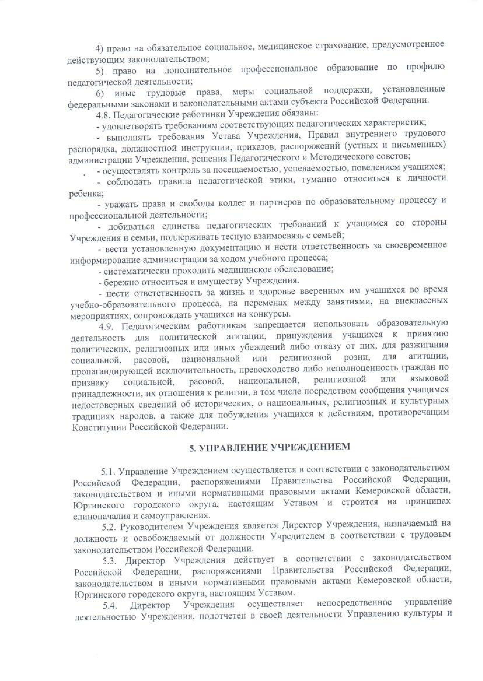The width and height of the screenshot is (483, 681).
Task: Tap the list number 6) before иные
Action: click(100, 94)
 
